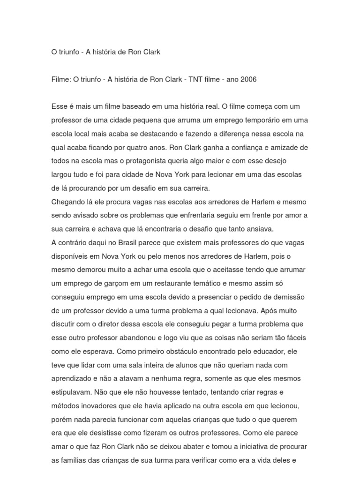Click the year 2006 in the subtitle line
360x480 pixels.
point(248,80)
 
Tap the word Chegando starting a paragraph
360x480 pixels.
point(67,202)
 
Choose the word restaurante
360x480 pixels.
point(157,283)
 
